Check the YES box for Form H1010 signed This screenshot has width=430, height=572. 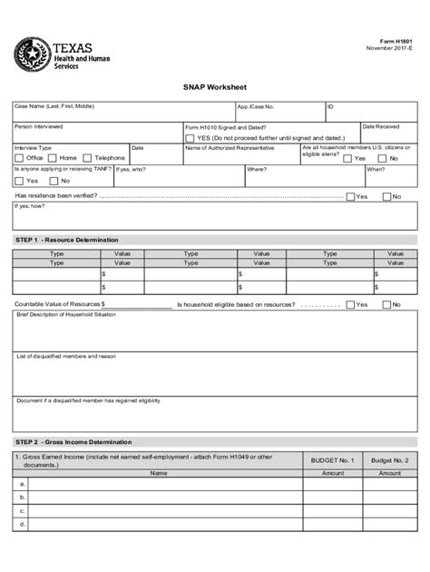[x=190, y=138]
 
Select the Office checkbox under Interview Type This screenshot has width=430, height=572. [x=19, y=158]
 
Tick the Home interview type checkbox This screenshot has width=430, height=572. [x=53, y=158]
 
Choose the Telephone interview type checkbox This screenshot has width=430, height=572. [x=88, y=158]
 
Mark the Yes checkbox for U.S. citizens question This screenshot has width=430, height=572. [x=347, y=157]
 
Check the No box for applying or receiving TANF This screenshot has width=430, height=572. [x=53, y=181]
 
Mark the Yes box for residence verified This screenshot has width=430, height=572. [x=350, y=196]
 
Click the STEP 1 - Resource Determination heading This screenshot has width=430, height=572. [x=67, y=240]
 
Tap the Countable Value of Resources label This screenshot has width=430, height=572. [x=58, y=304]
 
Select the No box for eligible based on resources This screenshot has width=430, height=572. [x=386, y=304]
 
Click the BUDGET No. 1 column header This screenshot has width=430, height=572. [x=332, y=460]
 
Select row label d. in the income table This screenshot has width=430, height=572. [x=22, y=525]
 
